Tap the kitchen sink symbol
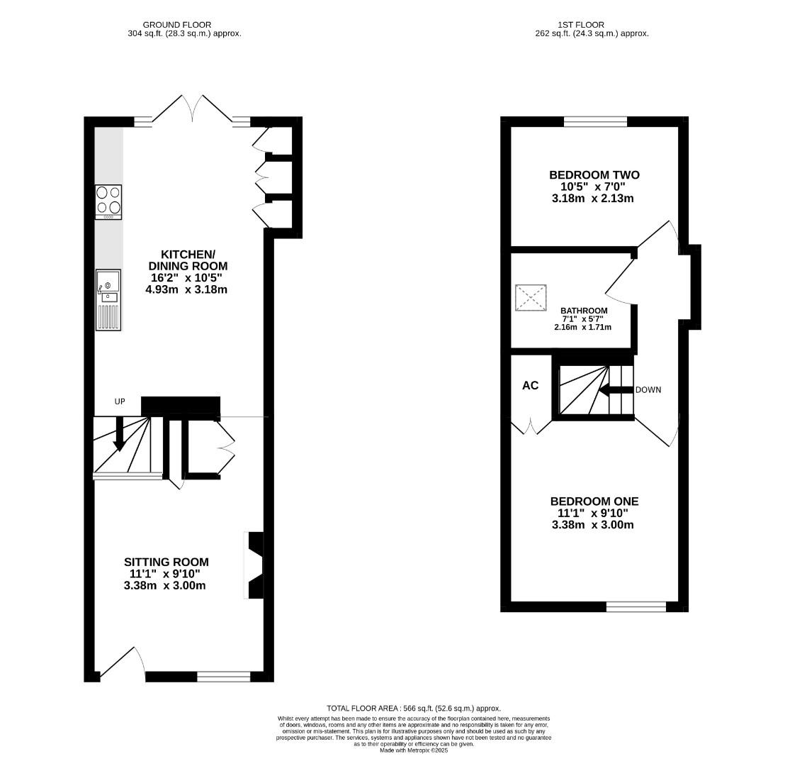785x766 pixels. (109, 300)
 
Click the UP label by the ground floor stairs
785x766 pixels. (120, 401)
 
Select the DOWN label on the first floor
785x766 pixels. (648, 389)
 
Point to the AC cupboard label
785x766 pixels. (530, 386)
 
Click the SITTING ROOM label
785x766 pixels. (167, 562)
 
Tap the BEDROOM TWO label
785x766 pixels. (594, 175)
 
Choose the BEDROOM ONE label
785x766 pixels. (594, 501)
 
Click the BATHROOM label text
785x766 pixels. (584, 311)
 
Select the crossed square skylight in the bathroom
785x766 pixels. (531, 298)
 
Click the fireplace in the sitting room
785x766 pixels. (254, 565)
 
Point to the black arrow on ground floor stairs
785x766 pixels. (120, 433)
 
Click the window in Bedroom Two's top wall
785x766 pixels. (595, 122)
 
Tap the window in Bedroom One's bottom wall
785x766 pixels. (636, 606)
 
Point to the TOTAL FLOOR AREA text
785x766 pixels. (413, 708)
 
